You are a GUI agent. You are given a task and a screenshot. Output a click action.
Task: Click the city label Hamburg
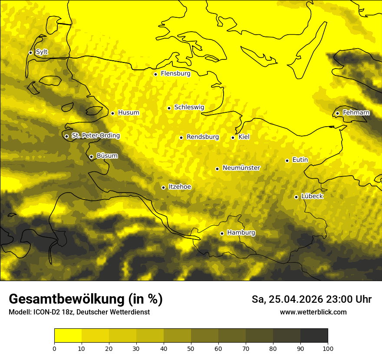[241, 233]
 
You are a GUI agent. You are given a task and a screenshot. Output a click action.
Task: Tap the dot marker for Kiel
[233, 137]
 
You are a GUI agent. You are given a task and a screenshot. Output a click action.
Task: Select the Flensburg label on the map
[175, 74]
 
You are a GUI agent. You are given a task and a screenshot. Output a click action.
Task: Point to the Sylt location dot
[30, 52]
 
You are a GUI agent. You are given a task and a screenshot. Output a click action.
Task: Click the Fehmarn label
[356, 113]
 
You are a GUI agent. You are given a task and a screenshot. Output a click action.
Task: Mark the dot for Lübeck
[296, 197]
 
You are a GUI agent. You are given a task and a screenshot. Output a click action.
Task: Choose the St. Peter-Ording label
[95, 136]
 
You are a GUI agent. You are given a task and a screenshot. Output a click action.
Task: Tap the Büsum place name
[107, 156]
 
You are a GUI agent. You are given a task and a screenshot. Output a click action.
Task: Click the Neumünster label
[241, 168]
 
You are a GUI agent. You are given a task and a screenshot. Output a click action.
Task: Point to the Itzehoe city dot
[163, 187]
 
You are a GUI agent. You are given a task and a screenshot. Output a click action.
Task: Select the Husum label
[128, 113]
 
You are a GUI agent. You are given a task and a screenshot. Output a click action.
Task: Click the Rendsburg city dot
[181, 137]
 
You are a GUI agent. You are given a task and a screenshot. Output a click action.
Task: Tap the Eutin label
[300, 160]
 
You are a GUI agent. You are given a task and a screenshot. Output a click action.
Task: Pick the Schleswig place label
[189, 107]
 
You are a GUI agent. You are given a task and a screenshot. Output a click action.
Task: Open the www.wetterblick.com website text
[313, 312]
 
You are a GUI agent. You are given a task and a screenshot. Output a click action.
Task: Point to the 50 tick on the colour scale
[191, 348]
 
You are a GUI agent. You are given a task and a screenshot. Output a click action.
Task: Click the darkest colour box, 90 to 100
[314, 336]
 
